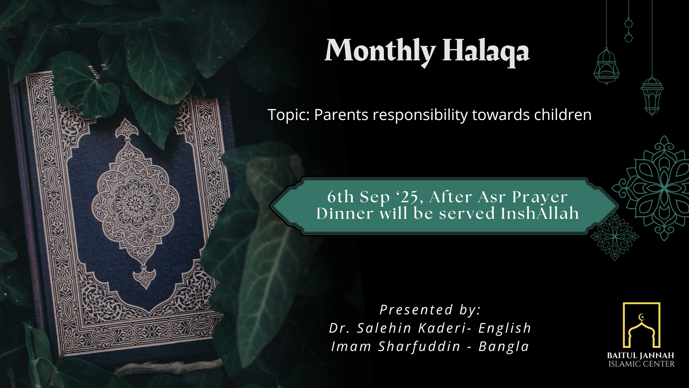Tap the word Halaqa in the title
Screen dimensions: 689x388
coord(486,51)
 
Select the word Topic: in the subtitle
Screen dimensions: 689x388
coord(289,115)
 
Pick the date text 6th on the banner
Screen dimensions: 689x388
coord(341,197)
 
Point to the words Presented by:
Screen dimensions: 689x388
coord(430,310)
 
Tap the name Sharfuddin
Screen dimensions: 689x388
coord(419,347)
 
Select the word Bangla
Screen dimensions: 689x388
coord(504,347)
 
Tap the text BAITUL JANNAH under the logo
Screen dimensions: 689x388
coord(641,356)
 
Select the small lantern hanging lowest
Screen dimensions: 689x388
coord(652,95)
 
